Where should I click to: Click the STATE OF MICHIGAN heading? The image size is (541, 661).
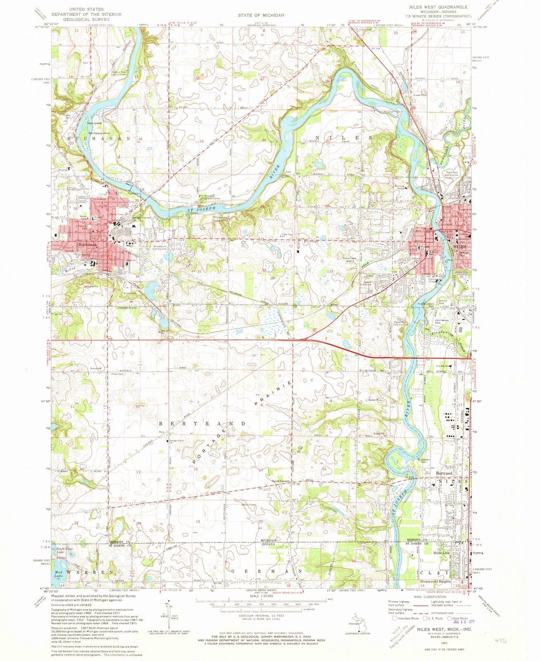click(261, 15)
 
